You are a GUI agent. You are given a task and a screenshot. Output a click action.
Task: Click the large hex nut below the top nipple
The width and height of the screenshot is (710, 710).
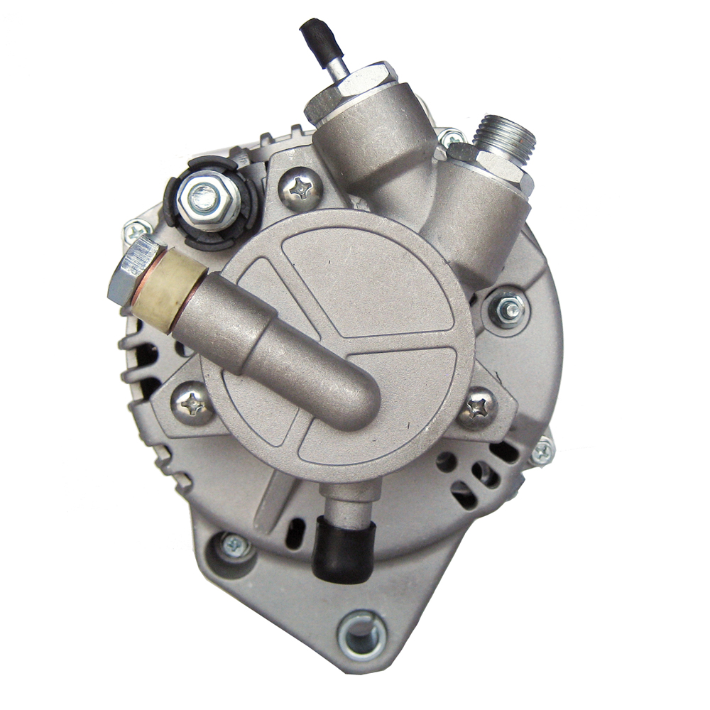pos(350,89)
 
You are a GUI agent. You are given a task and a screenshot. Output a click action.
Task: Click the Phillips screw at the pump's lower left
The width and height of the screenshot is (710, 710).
pos(192,403)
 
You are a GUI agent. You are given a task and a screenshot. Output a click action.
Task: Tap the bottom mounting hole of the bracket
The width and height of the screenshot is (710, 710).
pos(362,633)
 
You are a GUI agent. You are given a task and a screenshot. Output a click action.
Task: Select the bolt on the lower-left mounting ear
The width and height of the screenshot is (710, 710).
pos(234,546)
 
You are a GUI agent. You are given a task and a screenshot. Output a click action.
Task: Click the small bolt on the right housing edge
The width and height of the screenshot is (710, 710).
pos(542,451)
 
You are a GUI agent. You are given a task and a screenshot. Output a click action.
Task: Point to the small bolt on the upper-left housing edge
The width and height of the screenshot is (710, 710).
pos(136,231)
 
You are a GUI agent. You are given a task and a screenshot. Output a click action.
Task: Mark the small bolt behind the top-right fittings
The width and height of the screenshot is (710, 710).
pos(451,136)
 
